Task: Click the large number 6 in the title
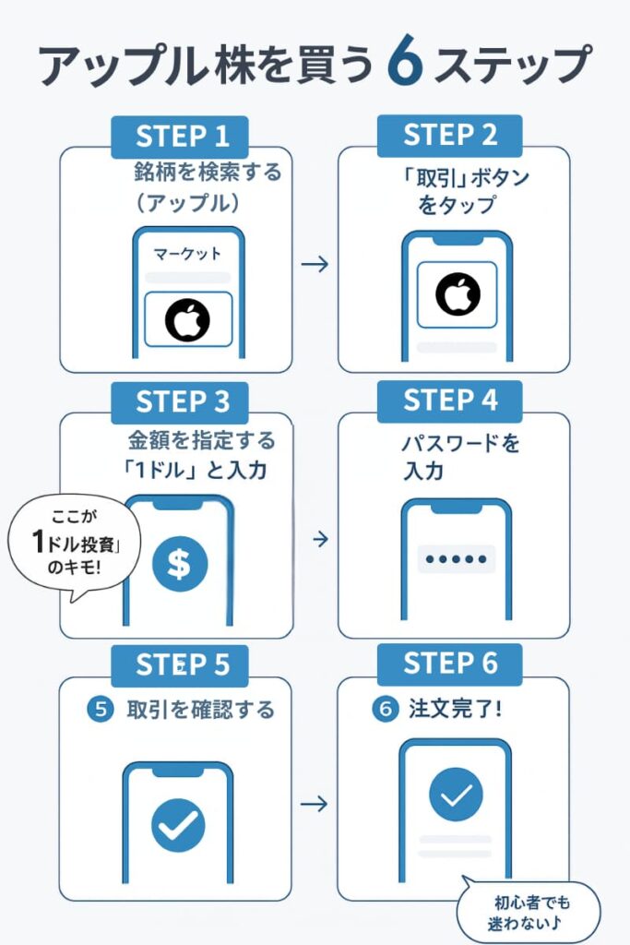(405, 66)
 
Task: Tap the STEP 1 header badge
(183, 137)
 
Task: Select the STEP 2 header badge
(450, 137)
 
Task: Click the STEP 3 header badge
(183, 401)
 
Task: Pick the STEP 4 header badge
(450, 401)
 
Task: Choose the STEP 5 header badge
(183, 665)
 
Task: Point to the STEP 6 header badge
(450, 664)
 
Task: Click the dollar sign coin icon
(180, 565)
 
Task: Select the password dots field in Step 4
(456, 559)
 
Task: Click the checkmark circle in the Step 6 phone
(456, 795)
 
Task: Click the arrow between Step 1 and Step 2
(315, 265)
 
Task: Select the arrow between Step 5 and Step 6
(315, 804)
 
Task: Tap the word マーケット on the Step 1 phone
(187, 254)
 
